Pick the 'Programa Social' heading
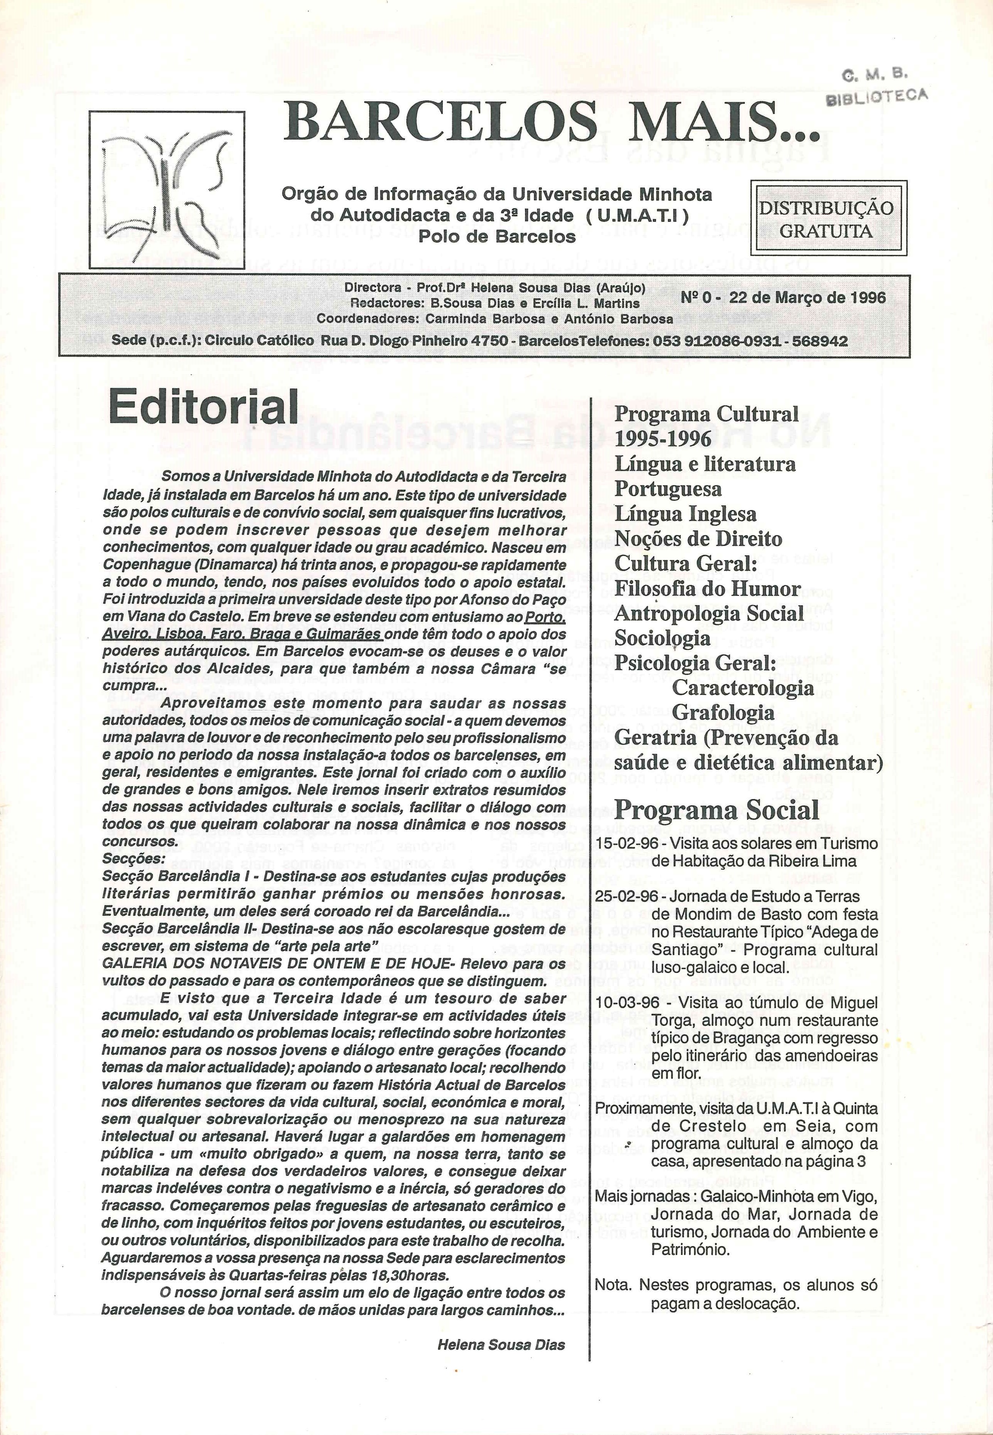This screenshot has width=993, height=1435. [x=716, y=810]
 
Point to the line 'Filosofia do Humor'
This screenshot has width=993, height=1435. [x=707, y=589]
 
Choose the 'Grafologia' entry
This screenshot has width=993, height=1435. [x=723, y=713]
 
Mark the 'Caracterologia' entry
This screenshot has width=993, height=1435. [x=742, y=688]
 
